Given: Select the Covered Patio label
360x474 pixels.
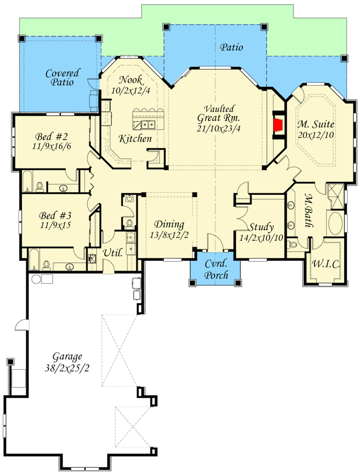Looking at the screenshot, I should pos(62,77).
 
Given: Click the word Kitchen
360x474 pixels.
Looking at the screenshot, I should pos(135,139).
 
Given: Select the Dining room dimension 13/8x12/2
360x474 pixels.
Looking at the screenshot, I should pos(169,235).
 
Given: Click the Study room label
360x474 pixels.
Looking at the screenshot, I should pos(261,227).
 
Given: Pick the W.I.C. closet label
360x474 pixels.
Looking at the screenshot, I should pos(326,263).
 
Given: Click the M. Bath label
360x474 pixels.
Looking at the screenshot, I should pos(309,210).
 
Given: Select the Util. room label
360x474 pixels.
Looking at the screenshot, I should pos(113,252).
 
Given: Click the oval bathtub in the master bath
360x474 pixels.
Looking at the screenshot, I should pos(335,223).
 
